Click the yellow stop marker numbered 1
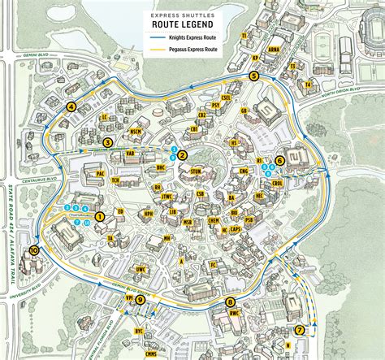click(100, 217)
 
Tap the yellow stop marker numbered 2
click(183, 155)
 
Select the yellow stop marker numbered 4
click(71, 106)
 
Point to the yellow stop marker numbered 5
click(254, 76)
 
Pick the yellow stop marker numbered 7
click(300, 330)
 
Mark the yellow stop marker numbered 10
click(33, 251)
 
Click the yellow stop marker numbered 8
click(231, 302)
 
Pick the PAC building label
click(100, 174)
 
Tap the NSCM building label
click(136, 132)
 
